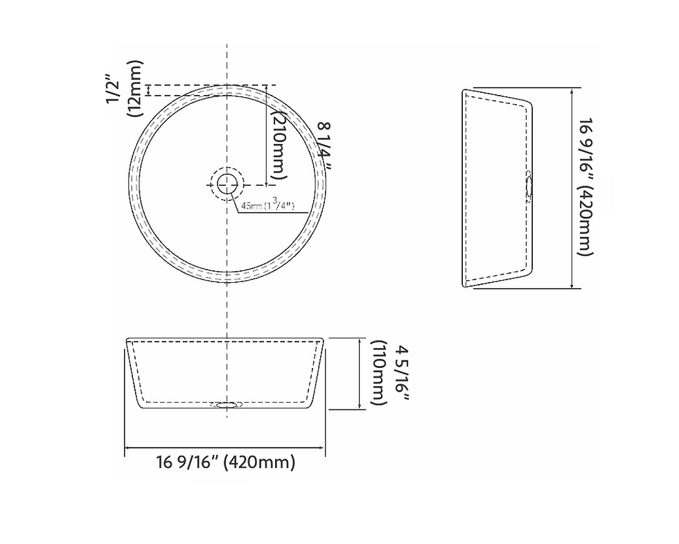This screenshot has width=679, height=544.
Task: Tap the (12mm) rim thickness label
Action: pyautogui.click(x=134, y=89)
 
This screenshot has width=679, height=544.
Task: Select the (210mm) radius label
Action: pyautogui.click(x=279, y=143)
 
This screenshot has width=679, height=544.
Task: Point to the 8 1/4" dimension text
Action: pyautogui.click(x=325, y=146)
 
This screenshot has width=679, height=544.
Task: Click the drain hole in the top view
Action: pyautogui.click(x=227, y=184)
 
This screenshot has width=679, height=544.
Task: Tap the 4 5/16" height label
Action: pyautogui.click(x=401, y=373)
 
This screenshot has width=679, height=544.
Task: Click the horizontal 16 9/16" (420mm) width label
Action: pyautogui.click(x=226, y=462)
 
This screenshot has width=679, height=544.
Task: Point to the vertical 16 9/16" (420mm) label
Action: pyautogui.click(x=585, y=186)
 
